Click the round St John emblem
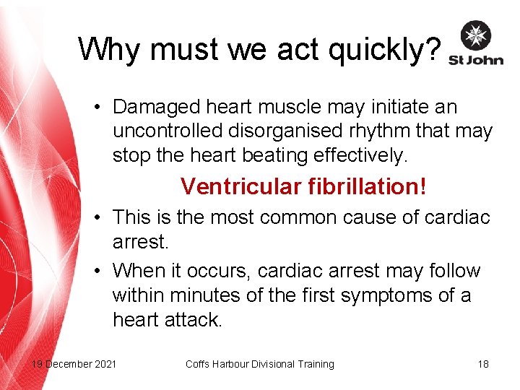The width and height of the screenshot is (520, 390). coord(476,35)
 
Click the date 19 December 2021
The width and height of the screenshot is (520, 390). coord(74,364)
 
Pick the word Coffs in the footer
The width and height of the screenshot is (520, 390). coord(198,364)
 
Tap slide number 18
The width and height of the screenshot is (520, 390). coord(483,364)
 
